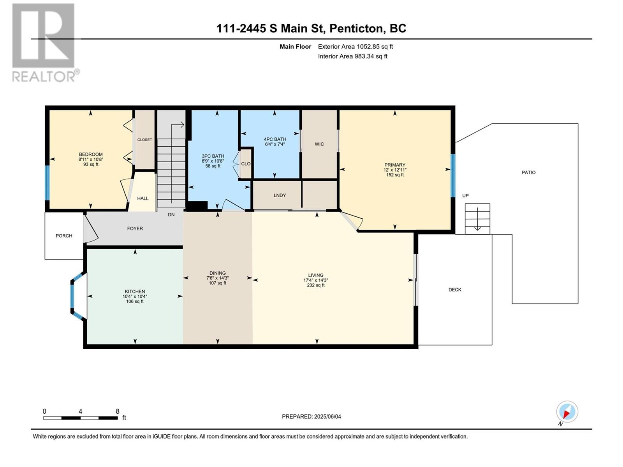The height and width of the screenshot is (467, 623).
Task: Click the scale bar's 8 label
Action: coord(118,411)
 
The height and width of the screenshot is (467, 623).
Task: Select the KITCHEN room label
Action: coord(135,291)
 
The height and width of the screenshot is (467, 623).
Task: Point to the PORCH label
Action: coord(64,236)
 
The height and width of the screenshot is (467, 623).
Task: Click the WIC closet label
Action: coord(319,144)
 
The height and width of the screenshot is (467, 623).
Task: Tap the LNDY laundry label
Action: coord(280,195)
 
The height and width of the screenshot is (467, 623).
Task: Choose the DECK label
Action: coord(455,290)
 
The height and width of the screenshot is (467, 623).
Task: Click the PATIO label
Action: coord(528,172)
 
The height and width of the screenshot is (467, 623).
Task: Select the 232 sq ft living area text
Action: coord(316,285)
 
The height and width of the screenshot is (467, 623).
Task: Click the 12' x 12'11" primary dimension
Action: coord(395,170)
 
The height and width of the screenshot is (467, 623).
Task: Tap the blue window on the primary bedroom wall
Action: coord(453,176)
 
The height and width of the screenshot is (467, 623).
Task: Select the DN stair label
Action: coord(171,215)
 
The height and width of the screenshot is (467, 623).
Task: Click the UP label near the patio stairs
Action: coord(465,196)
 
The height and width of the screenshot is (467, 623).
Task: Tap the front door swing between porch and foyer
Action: coord(91,229)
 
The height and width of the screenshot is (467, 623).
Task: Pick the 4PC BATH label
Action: coord(275,139)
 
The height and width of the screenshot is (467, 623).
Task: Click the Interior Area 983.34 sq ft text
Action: coord(352,56)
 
